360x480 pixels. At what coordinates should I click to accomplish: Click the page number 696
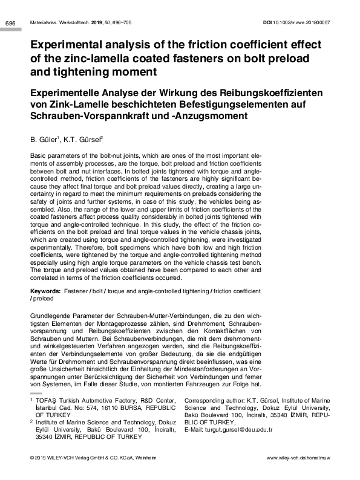click(x=10, y=24)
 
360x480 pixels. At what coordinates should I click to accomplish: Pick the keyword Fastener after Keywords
click(x=84, y=291)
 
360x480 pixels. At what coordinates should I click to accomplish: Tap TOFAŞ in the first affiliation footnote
click(x=49, y=401)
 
